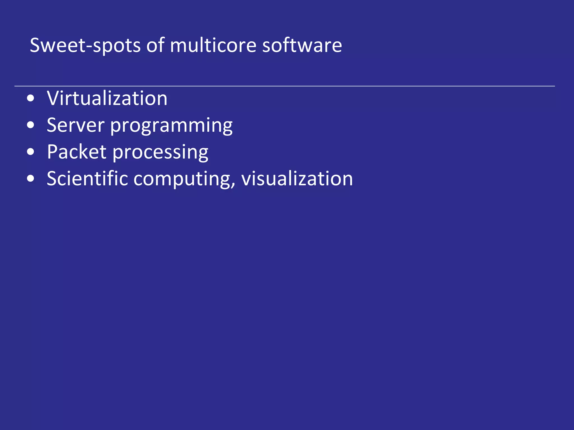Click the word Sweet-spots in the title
(85, 45)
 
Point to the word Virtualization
(107, 98)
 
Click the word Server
(75, 125)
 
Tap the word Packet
(77, 152)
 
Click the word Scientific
(87, 178)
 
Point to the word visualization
(297, 178)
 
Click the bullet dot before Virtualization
(31, 99)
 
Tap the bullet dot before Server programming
(31, 125)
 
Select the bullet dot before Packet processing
(31, 152)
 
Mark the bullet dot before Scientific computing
(31, 179)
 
